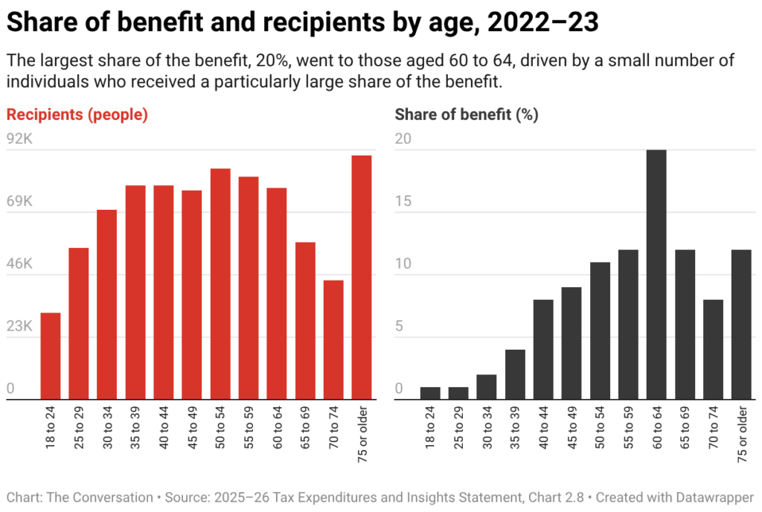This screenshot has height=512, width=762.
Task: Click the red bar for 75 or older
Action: [362, 277]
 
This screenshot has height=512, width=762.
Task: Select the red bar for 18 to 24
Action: [51, 356]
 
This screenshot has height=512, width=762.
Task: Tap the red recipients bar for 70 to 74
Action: [333, 339]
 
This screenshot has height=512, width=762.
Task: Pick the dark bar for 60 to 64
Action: [656, 275]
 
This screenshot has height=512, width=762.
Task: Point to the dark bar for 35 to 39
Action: [515, 374]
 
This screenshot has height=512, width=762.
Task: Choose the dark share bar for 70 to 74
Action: [713, 349]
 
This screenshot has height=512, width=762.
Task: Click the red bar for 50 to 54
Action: [220, 284]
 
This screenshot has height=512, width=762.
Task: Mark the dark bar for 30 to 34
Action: [487, 387]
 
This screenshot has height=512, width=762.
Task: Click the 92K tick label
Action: [19, 139]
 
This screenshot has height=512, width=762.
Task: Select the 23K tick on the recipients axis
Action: [19, 327]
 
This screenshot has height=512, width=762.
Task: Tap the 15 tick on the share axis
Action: [402, 202]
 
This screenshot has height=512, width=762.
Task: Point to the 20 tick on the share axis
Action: [403, 139]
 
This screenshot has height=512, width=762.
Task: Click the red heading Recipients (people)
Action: [77, 115]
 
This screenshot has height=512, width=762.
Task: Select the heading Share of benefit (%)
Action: [467, 115]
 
